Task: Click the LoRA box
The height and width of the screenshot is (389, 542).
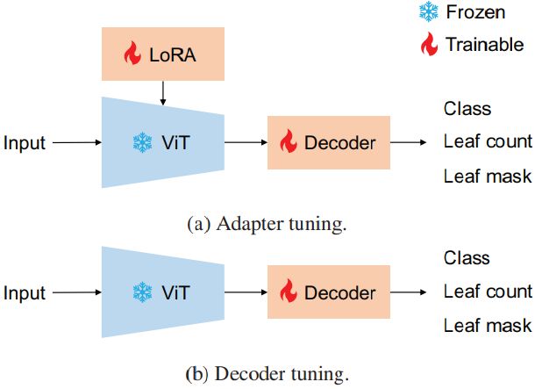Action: point(163,55)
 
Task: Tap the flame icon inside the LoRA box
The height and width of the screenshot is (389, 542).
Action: point(132,55)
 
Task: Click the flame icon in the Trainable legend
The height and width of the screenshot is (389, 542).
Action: point(427,43)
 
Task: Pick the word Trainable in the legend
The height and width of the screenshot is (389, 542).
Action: point(484,44)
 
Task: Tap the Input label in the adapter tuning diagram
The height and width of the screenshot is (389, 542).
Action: point(25,142)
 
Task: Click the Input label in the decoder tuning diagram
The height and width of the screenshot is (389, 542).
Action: point(25,292)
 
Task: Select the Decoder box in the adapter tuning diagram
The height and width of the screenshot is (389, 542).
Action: point(326,142)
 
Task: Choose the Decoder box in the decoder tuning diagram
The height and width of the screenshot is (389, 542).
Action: point(326,292)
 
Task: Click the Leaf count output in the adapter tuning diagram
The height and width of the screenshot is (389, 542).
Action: point(488,142)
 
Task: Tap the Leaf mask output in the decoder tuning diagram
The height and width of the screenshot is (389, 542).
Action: point(488,326)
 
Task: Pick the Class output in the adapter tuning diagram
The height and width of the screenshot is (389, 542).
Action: point(467,110)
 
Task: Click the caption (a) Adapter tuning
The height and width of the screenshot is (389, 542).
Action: point(267,224)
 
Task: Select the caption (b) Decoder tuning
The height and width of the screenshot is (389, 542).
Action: point(267,374)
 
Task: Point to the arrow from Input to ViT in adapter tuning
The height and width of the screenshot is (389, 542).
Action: point(77,142)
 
